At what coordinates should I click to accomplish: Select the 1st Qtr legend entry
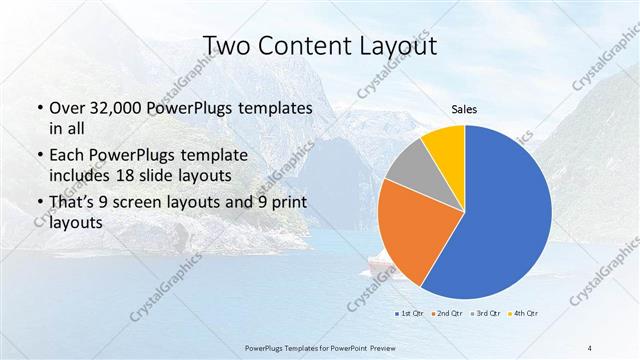tap(412, 315)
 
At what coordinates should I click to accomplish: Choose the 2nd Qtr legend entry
tap(447, 315)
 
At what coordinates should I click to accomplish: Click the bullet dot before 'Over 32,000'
tap(39, 108)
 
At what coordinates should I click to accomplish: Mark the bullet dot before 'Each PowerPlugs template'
tap(39, 156)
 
